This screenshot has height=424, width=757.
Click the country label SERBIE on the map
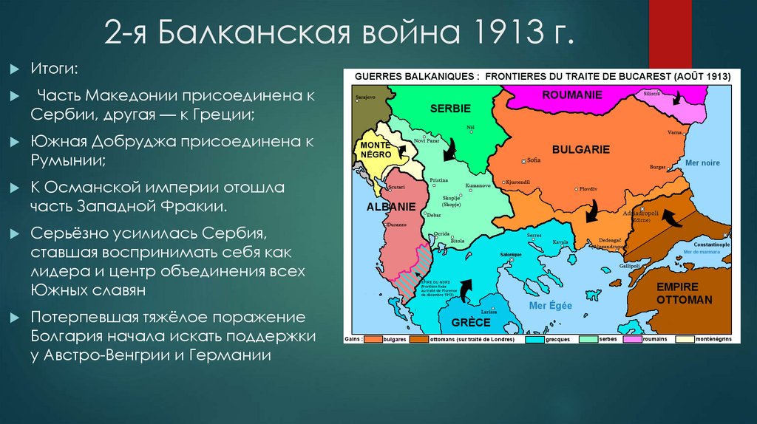450,109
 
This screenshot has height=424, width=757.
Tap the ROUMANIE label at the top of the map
572,95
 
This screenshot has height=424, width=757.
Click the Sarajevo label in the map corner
365,98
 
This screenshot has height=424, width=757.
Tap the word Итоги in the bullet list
51,69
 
